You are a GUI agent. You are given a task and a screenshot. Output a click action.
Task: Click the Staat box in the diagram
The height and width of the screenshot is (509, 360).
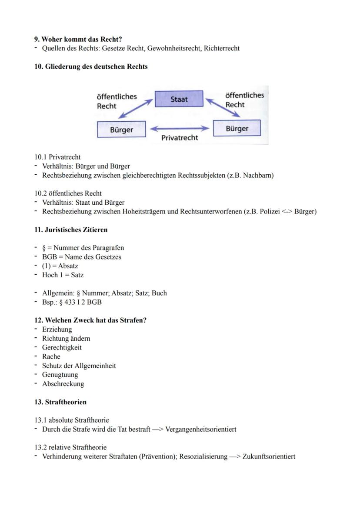pyautogui.click(x=179, y=99)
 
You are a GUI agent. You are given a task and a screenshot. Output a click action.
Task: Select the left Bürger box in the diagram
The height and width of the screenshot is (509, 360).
pyautogui.click(x=121, y=130)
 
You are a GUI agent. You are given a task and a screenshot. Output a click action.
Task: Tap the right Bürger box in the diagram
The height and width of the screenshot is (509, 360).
pyautogui.click(x=237, y=128)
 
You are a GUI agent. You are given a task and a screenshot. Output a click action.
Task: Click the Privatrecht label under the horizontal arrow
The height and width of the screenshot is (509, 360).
pyautogui.click(x=180, y=138)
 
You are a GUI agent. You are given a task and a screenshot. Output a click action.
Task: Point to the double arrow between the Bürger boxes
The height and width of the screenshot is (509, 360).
pyautogui.click(x=179, y=129)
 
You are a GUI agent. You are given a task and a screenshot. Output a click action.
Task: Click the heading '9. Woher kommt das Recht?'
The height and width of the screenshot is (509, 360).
pyautogui.click(x=78, y=39)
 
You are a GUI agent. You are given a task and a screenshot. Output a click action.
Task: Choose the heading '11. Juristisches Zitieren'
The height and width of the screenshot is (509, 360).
pyautogui.click(x=71, y=230)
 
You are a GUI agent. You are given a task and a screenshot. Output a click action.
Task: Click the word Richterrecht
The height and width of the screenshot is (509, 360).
pyautogui.click(x=222, y=48)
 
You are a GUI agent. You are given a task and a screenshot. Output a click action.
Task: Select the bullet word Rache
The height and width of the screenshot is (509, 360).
pyautogui.click(x=51, y=356)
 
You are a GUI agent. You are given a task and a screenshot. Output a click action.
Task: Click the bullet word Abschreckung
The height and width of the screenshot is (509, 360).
pyautogui.click(x=63, y=384)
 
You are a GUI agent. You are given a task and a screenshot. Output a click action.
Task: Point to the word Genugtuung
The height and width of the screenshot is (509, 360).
pyautogui.click(x=60, y=375)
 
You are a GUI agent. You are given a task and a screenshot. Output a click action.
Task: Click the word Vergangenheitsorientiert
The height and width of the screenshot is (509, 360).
pyautogui.click(x=201, y=429)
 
